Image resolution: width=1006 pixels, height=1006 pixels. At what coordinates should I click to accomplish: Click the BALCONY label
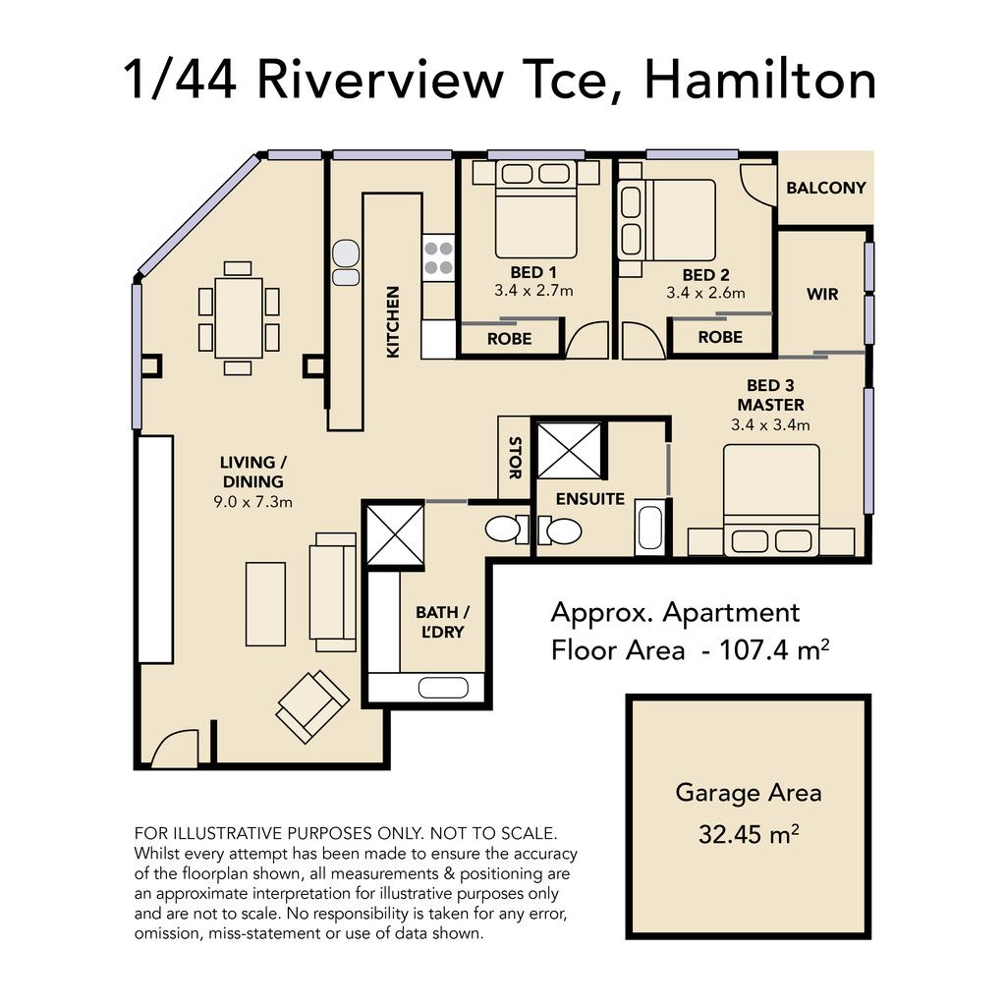(825, 188)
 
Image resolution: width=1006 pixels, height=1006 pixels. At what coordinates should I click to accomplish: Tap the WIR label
(822, 294)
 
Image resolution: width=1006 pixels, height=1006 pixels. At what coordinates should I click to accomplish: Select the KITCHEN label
(393, 321)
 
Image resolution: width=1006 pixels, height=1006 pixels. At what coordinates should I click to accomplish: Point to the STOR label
(515, 458)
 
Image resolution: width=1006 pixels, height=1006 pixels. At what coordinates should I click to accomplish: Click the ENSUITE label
(590, 498)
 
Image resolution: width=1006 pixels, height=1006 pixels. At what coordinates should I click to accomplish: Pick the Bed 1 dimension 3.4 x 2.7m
(533, 291)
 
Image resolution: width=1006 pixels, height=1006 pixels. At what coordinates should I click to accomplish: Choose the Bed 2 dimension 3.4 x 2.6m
(705, 293)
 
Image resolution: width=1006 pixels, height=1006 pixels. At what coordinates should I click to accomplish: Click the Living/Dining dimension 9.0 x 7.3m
(252, 502)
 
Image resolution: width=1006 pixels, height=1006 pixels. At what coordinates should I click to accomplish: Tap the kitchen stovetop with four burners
(439, 258)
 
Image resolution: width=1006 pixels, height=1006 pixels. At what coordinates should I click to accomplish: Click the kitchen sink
(346, 262)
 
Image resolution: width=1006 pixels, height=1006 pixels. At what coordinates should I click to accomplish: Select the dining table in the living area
(239, 317)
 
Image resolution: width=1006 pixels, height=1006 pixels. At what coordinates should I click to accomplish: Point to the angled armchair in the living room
(313, 706)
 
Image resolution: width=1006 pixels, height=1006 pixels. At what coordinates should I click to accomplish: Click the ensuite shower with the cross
(570, 450)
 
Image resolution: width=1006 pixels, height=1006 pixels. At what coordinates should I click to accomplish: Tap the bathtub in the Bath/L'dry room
(443, 688)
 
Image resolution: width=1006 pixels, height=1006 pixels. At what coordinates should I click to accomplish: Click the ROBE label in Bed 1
(510, 338)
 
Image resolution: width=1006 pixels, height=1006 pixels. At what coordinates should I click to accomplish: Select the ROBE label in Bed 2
(720, 337)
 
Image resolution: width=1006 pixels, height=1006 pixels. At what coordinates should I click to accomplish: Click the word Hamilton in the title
(760, 81)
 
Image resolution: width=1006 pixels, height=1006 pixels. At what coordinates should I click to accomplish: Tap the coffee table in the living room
(265, 604)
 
